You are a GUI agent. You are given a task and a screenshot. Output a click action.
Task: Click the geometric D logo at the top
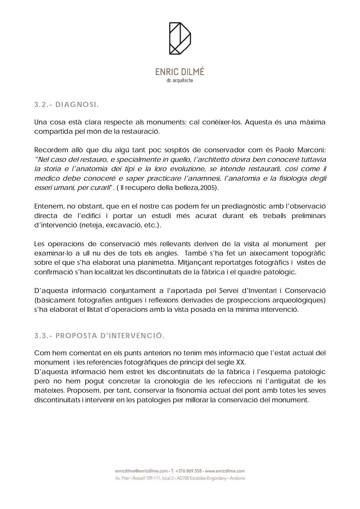tap(180, 38)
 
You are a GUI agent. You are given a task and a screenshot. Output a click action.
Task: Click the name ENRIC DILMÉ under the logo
tap(180, 72)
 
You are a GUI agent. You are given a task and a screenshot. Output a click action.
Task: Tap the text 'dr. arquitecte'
tap(180, 81)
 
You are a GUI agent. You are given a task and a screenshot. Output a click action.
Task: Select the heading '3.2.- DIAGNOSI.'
tap(66, 105)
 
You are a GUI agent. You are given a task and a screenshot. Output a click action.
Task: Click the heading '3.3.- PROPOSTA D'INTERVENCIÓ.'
tap(100, 336)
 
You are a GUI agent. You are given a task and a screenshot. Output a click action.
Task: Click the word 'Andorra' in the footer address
tap(237, 478)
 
